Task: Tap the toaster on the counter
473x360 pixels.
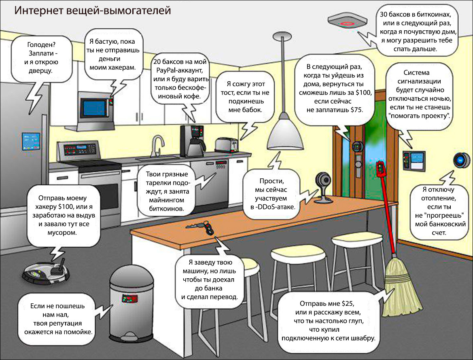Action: tap(227, 144)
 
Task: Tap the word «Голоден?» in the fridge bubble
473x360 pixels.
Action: tap(40, 44)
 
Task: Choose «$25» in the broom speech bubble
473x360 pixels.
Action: tap(348, 303)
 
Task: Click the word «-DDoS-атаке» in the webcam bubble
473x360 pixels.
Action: tap(276, 207)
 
